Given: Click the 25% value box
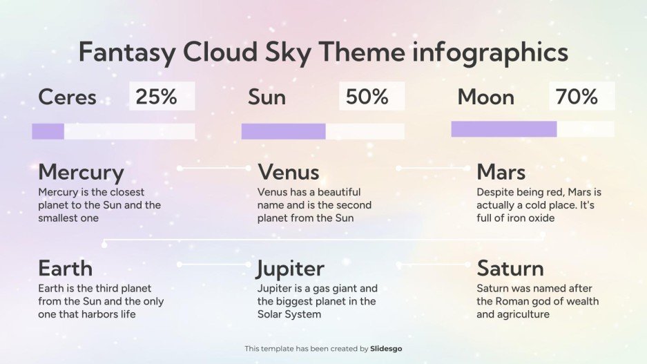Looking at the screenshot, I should pos(162,97).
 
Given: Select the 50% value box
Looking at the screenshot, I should pos(371,97).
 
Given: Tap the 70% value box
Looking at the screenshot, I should pos(581,97).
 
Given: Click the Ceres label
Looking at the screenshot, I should pos(67,97).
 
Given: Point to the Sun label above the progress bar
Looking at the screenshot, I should pos(267,97).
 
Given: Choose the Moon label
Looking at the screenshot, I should pos(485,97).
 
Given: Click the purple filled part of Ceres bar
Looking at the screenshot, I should pos(48,131).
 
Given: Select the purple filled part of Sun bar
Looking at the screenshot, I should pos(283,131).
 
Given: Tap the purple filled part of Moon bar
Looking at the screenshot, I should pos(503,128).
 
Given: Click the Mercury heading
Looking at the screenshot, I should pos(81,172).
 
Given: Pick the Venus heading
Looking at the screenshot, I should pos(288,172).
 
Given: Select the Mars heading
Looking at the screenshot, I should pos(501,172).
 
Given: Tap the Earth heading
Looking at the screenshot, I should pos(65,267).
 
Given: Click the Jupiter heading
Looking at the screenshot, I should pos(290,267).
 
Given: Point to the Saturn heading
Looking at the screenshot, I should pos(510,267).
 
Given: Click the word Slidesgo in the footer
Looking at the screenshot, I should pos(386,349).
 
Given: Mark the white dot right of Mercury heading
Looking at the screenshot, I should pos(180,168).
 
